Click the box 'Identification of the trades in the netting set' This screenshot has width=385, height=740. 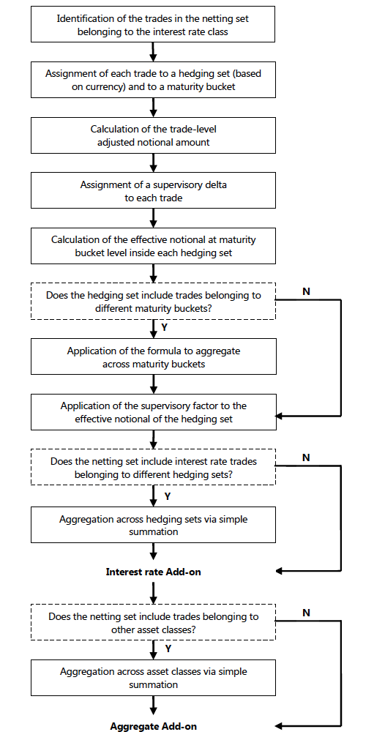click(x=153, y=25)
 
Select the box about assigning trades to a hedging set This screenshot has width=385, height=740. click(x=153, y=80)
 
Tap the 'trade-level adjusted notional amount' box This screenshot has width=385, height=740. click(x=153, y=135)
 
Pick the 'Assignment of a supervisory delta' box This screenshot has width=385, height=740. click(x=153, y=190)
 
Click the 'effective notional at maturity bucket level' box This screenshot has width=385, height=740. click(x=153, y=246)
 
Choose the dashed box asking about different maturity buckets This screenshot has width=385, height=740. click(x=153, y=302)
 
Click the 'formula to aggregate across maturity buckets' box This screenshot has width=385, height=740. click(x=153, y=356)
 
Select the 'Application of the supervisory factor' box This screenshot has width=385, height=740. click(x=153, y=412)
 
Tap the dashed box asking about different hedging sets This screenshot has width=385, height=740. click(x=153, y=467)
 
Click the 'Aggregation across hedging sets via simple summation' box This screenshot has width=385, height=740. click(x=153, y=525)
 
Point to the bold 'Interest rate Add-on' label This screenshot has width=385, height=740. click(x=153, y=572)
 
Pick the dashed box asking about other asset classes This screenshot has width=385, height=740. click(x=153, y=622)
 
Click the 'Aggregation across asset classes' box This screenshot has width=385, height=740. click(x=153, y=678)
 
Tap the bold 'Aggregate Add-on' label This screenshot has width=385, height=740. click(x=153, y=726)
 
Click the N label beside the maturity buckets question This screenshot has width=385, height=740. click(x=306, y=291)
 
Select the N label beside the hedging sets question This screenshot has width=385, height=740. click(x=306, y=457)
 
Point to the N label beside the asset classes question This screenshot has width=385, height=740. click(x=306, y=613)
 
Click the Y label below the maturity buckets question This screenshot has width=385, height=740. click(x=164, y=327)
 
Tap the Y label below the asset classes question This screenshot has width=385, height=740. click(x=168, y=649)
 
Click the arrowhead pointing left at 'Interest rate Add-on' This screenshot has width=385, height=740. click(x=279, y=571)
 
